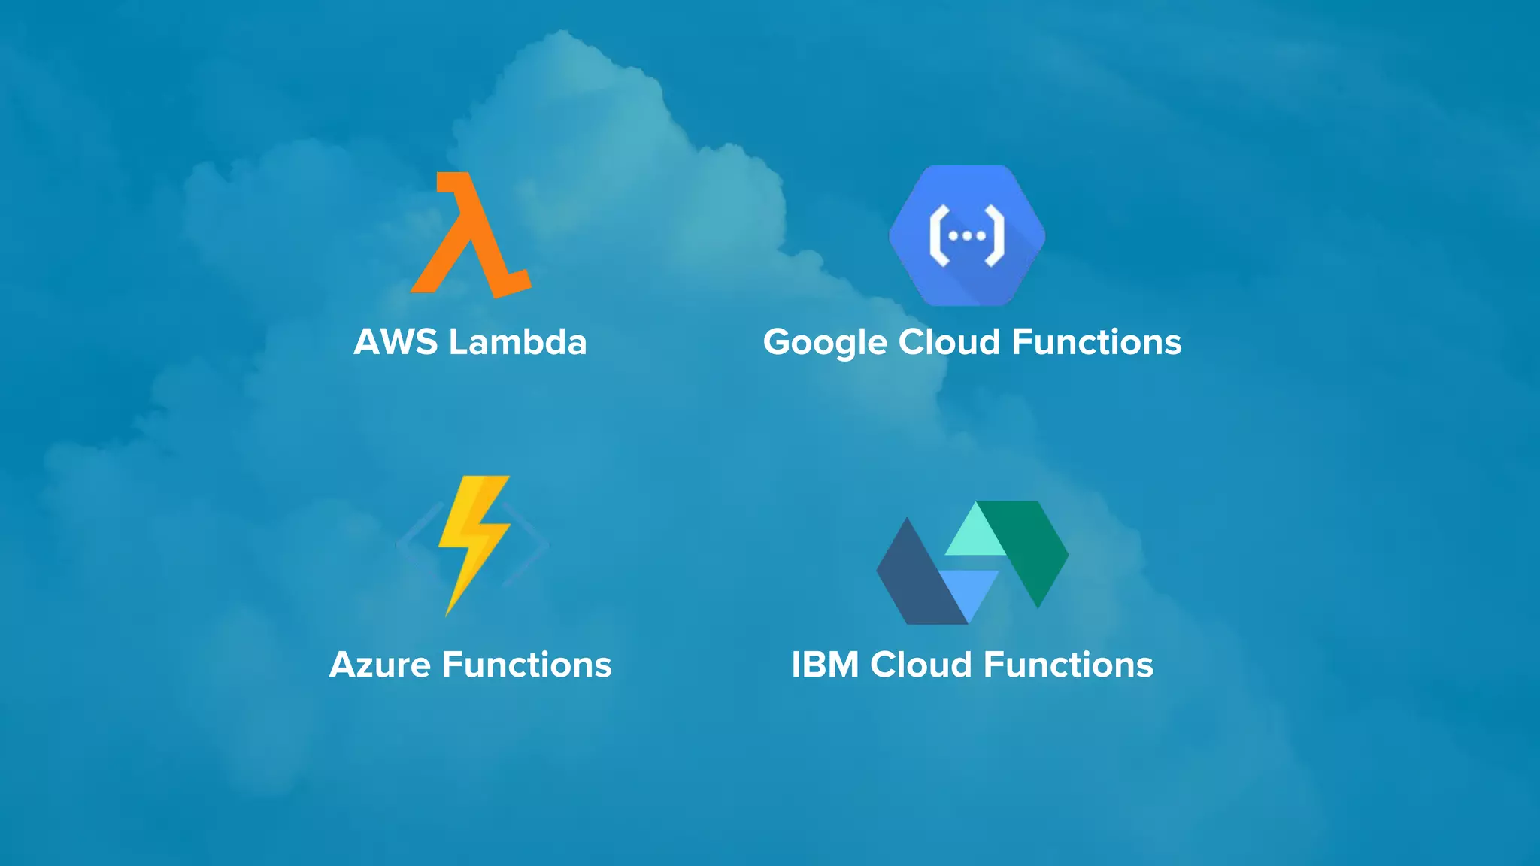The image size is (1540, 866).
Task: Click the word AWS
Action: coord(396,342)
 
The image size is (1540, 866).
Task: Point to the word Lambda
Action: coord(517,342)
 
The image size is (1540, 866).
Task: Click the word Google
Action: coord(826,343)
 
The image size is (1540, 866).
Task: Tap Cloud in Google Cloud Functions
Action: coord(949,342)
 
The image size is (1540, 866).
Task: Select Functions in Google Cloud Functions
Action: coord(1096,342)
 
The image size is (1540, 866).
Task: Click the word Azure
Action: coord(380,665)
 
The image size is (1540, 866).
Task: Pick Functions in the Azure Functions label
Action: coord(526,665)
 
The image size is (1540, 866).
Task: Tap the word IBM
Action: coord(825,665)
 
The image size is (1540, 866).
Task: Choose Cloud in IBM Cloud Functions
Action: coord(921,665)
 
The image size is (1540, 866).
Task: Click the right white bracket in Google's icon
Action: coord(994,236)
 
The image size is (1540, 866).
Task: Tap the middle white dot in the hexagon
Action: coord(967,236)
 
